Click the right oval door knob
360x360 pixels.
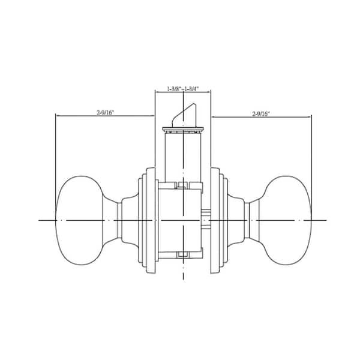(287, 220)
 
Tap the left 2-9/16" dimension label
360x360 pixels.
(105, 113)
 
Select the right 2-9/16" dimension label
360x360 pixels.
(261, 113)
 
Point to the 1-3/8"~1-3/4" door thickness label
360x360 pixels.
(183, 89)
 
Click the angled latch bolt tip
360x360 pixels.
(183, 115)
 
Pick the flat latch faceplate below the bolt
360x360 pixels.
(183, 129)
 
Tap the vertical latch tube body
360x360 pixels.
(183, 157)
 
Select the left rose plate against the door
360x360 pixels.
(151, 220)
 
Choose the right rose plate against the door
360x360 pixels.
(215, 220)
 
